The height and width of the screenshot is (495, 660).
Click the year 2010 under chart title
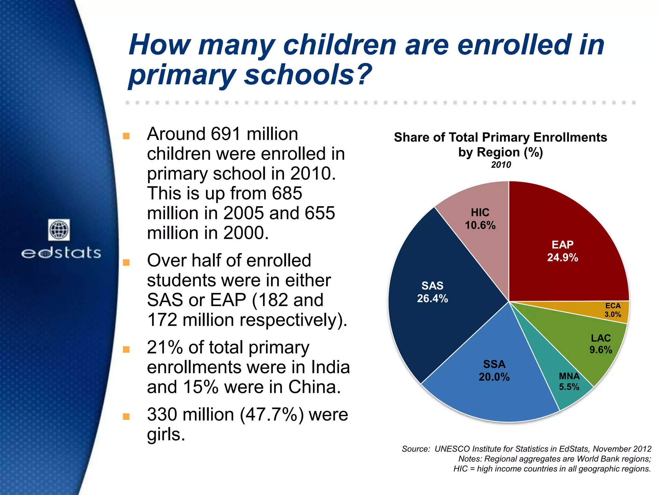point(501,165)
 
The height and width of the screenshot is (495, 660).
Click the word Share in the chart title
point(412,138)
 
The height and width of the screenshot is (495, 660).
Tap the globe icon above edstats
point(59,230)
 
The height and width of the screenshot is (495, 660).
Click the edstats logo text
point(61,253)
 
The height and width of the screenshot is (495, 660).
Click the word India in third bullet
point(330,367)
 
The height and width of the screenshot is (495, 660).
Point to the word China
point(314,387)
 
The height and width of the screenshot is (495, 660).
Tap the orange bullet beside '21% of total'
point(126,350)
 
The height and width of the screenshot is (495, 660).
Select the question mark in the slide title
point(363,75)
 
